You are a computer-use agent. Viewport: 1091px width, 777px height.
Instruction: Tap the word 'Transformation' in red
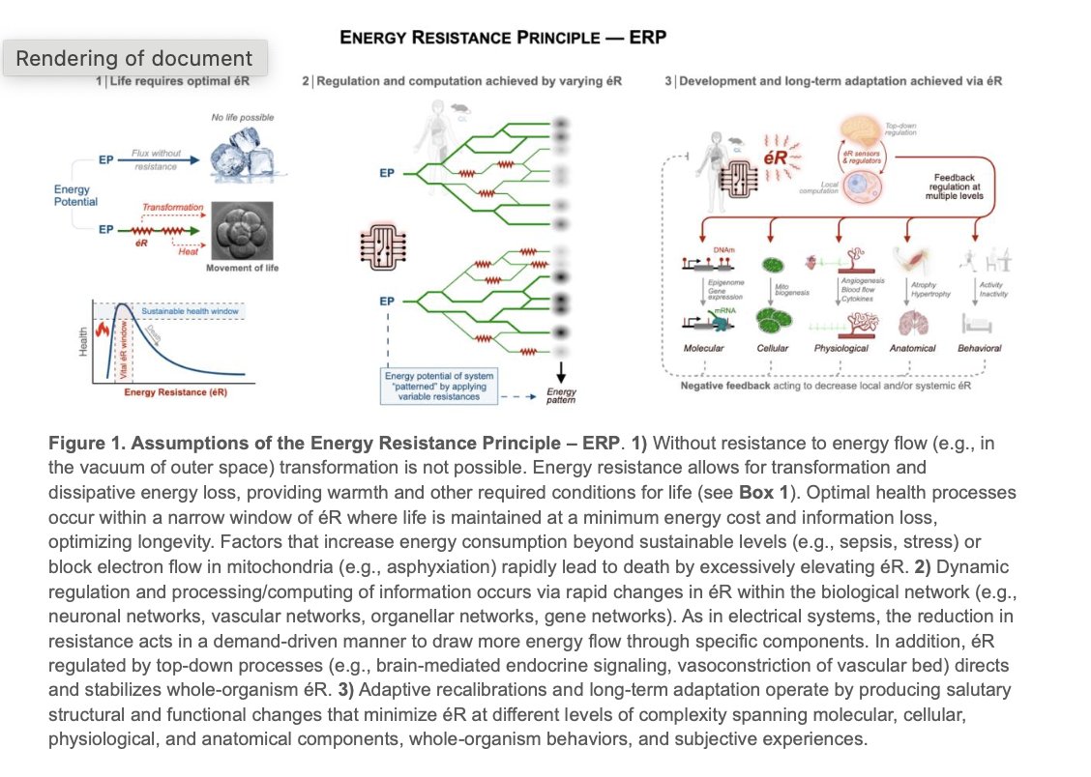[172, 207]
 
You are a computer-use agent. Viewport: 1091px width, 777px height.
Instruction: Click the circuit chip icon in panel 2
[378, 244]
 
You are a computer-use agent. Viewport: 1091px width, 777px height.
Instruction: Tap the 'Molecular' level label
[704, 348]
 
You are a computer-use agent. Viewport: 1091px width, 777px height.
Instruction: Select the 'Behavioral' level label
[979, 348]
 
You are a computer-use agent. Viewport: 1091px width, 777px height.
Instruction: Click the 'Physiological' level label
[840, 348]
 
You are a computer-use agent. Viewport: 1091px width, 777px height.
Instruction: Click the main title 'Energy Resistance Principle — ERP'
[503, 39]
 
